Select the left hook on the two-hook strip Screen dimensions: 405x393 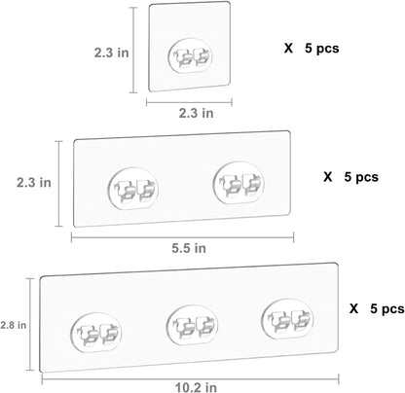pos(132,189)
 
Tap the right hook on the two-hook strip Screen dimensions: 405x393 pos(239,183)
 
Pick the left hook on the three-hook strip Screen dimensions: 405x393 pos(95,332)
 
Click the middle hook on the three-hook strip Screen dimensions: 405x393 pos(192,325)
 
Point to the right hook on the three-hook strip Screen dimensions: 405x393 pos(287,319)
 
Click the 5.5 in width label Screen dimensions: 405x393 pos(189,248)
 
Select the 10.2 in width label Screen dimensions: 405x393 pos(196,387)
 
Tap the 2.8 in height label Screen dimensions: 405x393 pos(14,325)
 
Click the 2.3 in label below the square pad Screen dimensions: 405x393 pos(197,113)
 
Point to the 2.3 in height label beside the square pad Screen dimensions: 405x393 pos(112,53)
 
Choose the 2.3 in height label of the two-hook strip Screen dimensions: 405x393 pos(34,182)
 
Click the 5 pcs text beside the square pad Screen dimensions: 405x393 pos(322,49)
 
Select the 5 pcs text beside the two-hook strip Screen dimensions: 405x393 pos(361,177)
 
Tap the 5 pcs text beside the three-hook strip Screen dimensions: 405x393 pos(387,308)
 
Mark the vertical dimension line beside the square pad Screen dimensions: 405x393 pos(133,50)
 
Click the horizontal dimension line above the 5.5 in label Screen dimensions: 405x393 pos(182,237)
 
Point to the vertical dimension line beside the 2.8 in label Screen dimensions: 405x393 pos(30,324)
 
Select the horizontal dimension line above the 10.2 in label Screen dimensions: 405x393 pos(190,378)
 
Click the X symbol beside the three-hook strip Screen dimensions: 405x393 pos(353,308)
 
